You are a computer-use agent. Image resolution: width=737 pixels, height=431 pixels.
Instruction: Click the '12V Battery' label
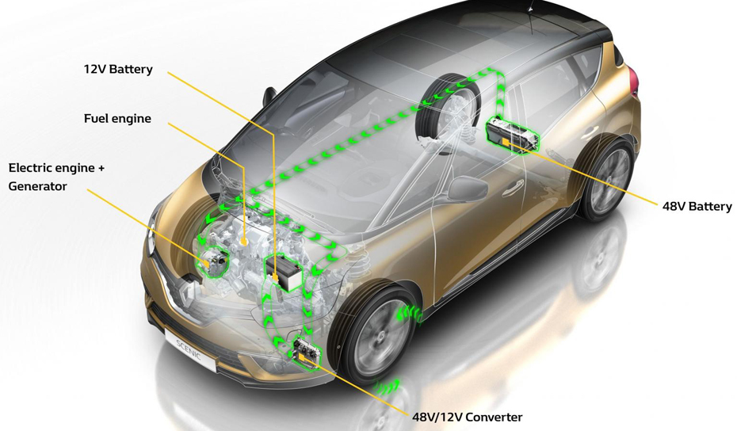click(x=118, y=70)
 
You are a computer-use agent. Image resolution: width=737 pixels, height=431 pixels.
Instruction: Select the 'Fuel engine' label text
click(x=117, y=119)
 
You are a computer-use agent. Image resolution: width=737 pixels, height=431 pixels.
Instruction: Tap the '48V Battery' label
click(x=697, y=207)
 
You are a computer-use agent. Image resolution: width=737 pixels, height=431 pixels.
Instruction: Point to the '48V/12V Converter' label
click(x=467, y=418)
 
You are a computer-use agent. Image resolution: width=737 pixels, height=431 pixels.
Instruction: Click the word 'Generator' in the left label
click(x=37, y=187)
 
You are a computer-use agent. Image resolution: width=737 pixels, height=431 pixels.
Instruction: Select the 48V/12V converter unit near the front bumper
click(x=305, y=352)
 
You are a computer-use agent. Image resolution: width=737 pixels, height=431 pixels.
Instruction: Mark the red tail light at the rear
click(x=633, y=79)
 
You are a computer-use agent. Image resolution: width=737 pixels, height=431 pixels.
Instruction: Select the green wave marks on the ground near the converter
click(x=388, y=387)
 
